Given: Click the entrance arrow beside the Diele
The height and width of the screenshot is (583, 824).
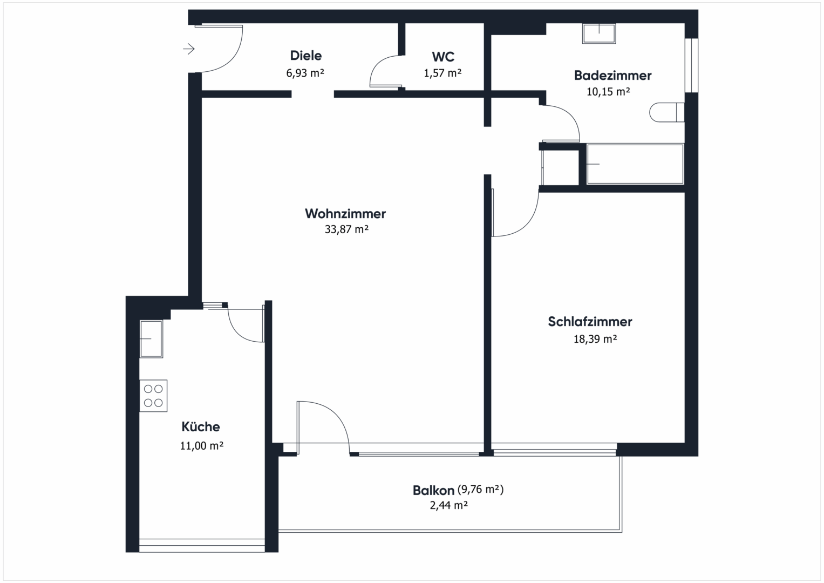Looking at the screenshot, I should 188,49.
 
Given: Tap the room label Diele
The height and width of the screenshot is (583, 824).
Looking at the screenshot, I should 305,56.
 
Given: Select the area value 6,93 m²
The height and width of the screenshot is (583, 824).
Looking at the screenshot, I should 305,73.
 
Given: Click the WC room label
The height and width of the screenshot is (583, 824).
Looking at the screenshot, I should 442,57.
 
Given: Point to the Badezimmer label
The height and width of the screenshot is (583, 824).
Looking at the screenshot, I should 612,76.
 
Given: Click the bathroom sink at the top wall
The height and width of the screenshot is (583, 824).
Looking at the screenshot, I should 599,33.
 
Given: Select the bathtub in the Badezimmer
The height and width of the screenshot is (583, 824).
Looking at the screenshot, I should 635,164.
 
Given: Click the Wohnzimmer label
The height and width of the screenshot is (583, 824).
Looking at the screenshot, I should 345,214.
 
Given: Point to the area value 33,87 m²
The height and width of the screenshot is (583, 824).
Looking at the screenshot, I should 346,229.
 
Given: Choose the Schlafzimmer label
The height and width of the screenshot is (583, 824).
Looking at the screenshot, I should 590,322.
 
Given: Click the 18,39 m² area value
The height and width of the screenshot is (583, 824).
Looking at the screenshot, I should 595,339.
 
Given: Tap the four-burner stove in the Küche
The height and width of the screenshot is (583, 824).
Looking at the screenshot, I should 153,396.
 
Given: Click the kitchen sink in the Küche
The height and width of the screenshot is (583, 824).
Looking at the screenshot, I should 151,338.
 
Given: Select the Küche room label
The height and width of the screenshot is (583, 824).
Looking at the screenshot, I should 201,427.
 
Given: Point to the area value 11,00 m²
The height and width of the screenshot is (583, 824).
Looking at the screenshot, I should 201,446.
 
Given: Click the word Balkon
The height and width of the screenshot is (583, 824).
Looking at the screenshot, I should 433,491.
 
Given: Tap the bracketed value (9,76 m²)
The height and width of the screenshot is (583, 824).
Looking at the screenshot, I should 480,490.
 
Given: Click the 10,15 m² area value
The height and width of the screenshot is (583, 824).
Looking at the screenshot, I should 608,92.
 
